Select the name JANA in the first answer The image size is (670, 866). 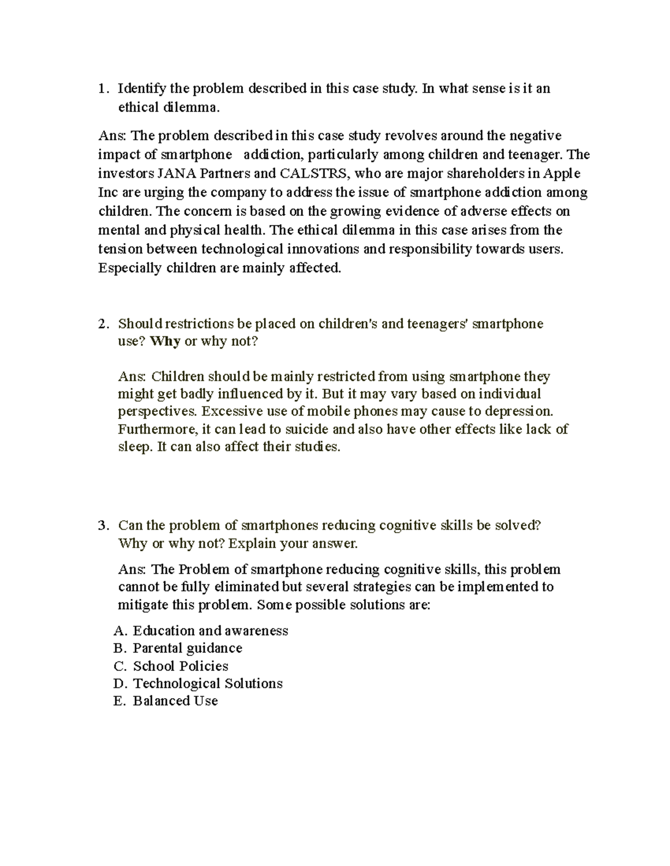(170, 173)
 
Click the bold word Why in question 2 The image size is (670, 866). (165, 341)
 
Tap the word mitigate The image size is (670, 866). (142, 605)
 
